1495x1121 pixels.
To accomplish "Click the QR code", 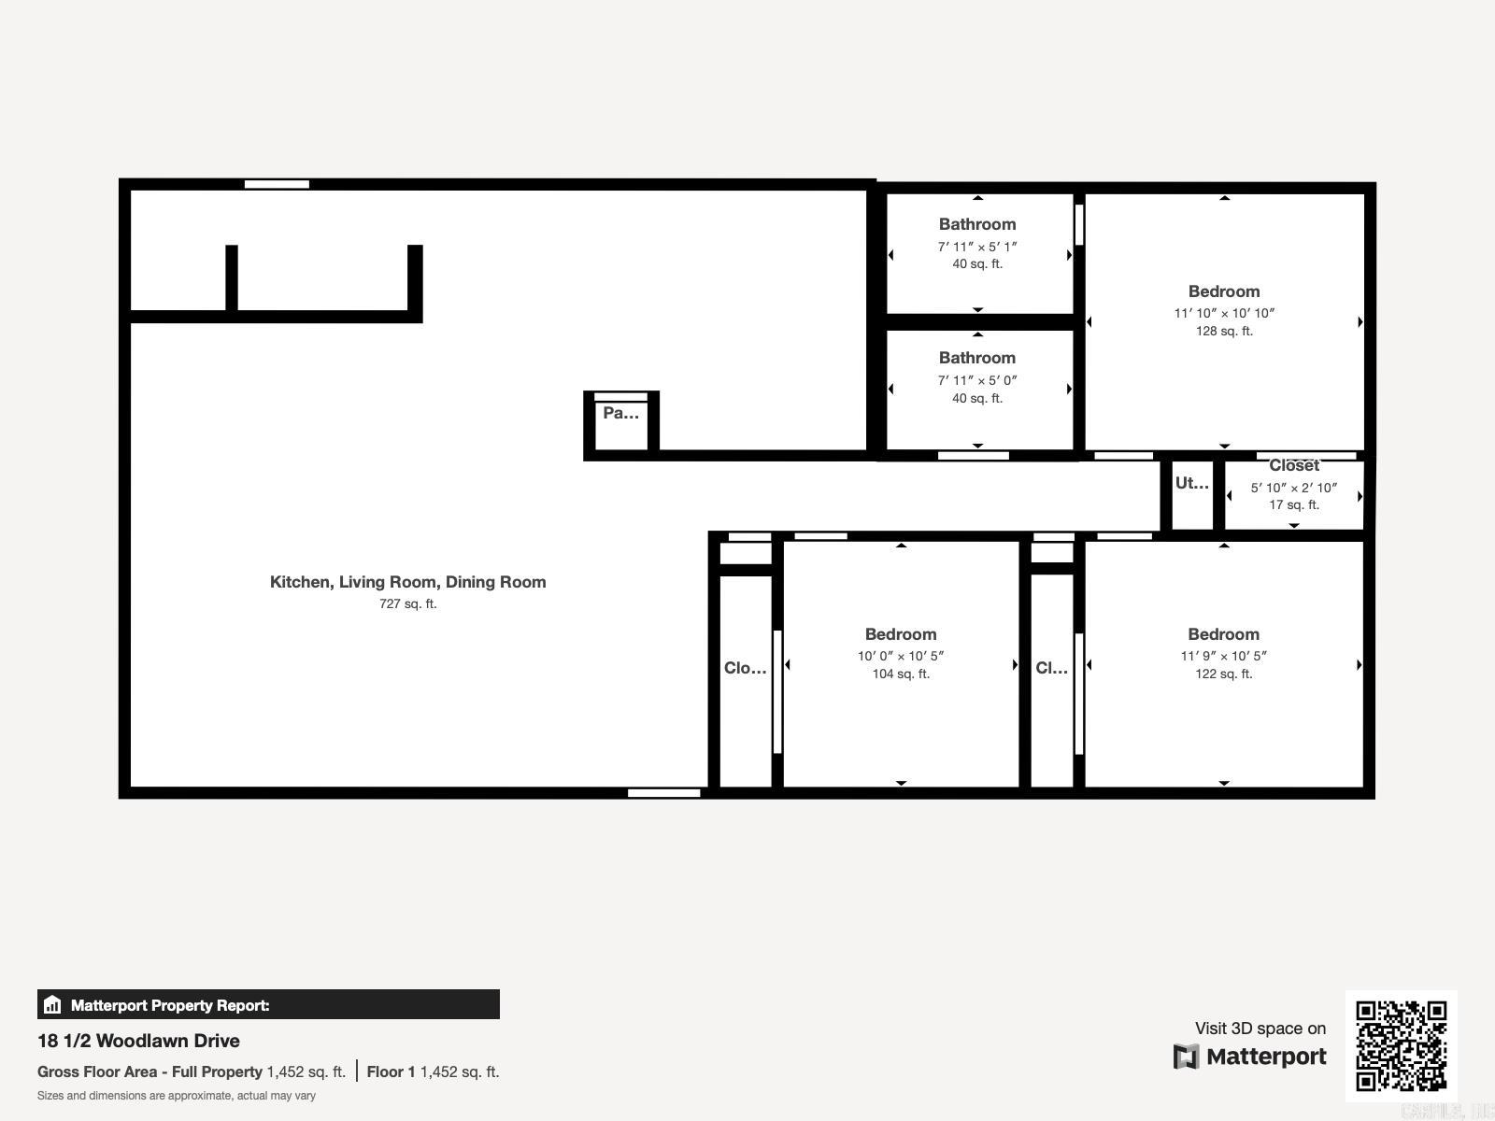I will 1401,1045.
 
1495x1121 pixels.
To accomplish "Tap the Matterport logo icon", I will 1186,1057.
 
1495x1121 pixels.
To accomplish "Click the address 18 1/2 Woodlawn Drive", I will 138,1041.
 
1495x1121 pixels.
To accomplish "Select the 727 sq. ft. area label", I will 407,603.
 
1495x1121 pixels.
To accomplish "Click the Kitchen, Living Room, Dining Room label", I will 407,582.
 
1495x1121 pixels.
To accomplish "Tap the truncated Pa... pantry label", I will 620,413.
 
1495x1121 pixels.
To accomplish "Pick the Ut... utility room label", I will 1191,483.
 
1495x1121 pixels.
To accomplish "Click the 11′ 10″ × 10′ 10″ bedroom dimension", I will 1224,313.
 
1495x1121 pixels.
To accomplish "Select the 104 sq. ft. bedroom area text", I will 901,674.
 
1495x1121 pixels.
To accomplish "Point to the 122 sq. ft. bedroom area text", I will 1223,674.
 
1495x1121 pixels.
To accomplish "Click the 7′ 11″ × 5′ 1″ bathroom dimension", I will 977,247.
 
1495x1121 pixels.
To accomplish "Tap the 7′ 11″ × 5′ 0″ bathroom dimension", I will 977,380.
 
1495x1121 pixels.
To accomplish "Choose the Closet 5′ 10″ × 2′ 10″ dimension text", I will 1294,488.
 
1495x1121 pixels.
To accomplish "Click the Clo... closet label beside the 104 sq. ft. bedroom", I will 745,668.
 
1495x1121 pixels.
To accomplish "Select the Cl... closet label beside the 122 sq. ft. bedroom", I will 1051,668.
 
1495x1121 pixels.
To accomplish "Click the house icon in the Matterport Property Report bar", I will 52,1005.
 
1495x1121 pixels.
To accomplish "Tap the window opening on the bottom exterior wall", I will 663,793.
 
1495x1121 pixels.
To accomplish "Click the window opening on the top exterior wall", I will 277,184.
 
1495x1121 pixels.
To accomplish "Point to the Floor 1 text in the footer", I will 391,1071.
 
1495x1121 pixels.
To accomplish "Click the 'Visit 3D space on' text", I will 1260,1029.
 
